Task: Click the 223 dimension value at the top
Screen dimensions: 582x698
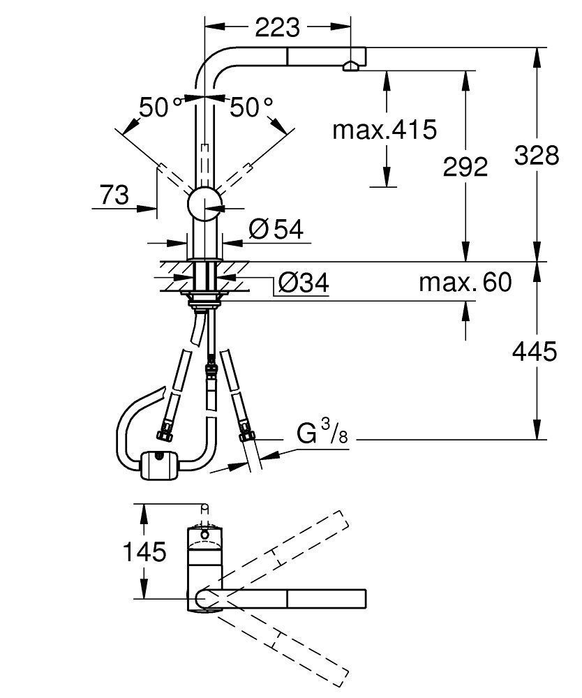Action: pos(278,28)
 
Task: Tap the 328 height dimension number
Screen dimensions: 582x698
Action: pos(536,156)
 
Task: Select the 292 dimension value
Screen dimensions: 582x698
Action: pos(465,168)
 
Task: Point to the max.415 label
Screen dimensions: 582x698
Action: pos(385,130)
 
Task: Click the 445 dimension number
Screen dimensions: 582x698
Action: pos(535,352)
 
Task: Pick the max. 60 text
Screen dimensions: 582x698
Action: pos(465,282)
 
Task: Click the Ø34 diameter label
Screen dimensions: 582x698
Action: pos(304,283)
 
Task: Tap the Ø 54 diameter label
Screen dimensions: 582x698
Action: pos(276,230)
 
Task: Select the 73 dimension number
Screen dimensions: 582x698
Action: pos(114,195)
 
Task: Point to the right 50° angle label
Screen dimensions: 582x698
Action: pos(251,107)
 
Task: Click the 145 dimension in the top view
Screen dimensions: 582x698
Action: pos(144,552)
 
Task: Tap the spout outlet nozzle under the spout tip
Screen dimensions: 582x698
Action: pos(350,67)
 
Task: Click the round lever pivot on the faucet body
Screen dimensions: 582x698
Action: pos(204,204)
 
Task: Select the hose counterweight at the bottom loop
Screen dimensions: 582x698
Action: pos(159,465)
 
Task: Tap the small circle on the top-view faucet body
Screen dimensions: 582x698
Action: pos(204,534)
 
